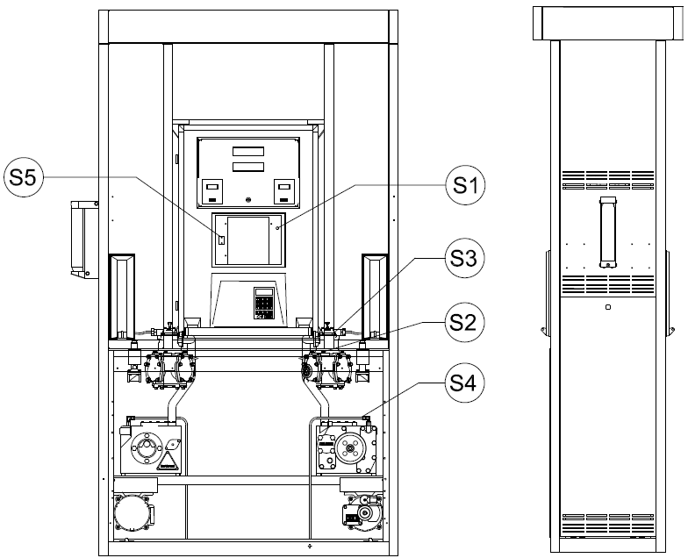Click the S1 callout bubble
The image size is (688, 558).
pos(465,185)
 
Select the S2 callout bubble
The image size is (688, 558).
pos(465,323)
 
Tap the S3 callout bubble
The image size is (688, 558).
pos(465,259)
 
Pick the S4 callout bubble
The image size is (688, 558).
pos(465,384)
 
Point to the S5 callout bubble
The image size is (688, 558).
pos(23,177)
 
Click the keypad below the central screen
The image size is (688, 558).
pos(263,303)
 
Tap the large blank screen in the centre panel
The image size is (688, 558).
pos(248,240)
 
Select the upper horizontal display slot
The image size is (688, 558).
pos(248,151)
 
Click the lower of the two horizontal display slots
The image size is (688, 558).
pos(248,167)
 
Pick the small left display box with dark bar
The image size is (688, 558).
pos(212,191)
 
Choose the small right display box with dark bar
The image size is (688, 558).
pos(284,191)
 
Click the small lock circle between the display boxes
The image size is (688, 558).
pos(248,200)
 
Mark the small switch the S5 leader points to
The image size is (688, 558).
pos(222,240)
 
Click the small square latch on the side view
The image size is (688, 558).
pos(607,307)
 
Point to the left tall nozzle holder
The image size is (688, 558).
pos(121,297)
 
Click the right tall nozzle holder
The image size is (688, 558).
pos(375,297)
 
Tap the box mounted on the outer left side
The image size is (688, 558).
pos(84,239)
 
